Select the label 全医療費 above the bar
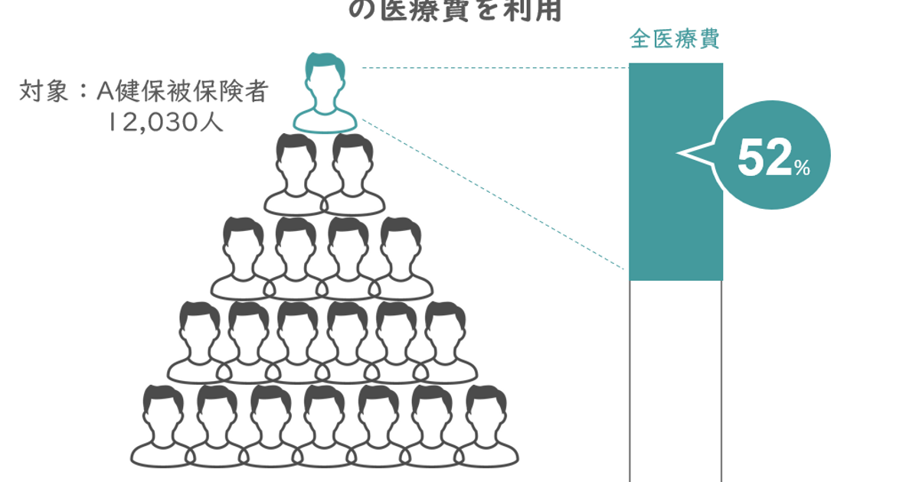(x=674, y=40)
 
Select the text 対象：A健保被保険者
(x=144, y=93)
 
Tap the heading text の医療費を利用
(x=456, y=11)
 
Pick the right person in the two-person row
(x=352, y=175)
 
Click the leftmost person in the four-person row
(x=244, y=259)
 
